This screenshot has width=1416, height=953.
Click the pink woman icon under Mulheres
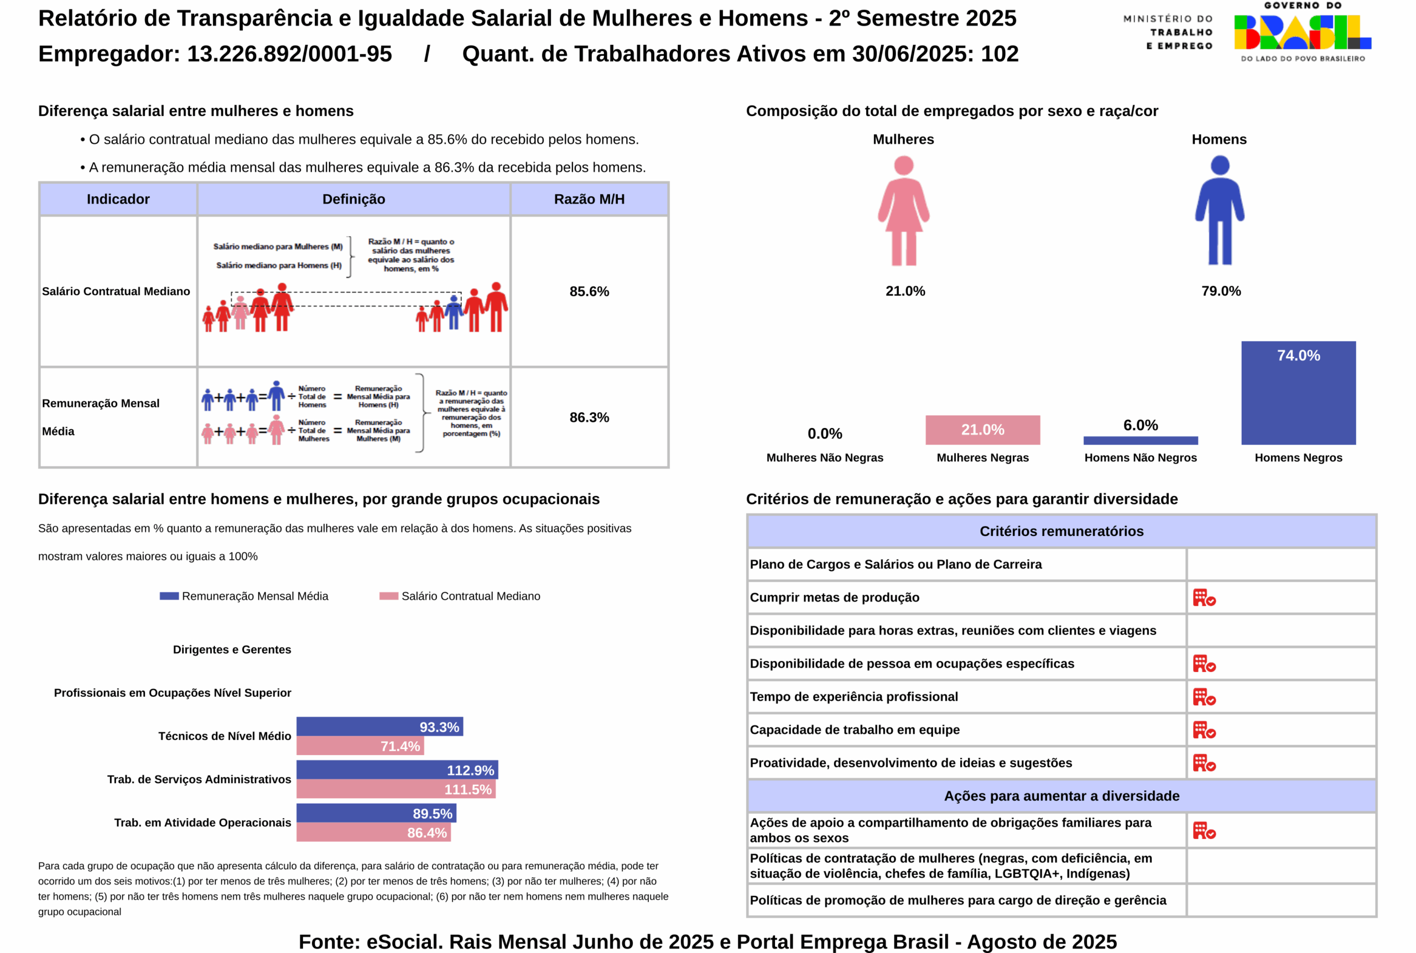point(903,210)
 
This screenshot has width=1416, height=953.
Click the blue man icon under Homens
point(1219,210)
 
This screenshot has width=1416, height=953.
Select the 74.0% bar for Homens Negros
point(1298,393)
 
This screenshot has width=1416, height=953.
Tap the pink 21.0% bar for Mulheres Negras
point(982,430)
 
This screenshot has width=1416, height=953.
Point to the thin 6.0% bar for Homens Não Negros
point(1140,440)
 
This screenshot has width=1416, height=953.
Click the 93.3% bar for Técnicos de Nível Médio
point(379,726)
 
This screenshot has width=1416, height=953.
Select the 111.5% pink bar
point(395,789)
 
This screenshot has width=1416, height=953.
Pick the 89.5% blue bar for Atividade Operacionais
point(376,813)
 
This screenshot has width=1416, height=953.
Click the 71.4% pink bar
point(360,746)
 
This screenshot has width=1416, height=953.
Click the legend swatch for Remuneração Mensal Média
point(169,596)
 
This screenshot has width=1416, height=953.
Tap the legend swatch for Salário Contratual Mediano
point(388,596)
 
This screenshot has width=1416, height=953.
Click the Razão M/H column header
point(589,199)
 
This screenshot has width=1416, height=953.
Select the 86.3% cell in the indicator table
point(589,418)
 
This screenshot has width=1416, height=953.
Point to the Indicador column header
point(118,199)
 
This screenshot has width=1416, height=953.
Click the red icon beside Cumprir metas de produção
point(1203,597)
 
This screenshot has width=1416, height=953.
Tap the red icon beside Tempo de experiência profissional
point(1203,696)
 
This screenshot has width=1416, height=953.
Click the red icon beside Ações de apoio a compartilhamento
point(1203,830)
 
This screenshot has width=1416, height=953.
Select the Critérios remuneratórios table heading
point(1061,531)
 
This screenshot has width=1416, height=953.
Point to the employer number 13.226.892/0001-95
point(289,54)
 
